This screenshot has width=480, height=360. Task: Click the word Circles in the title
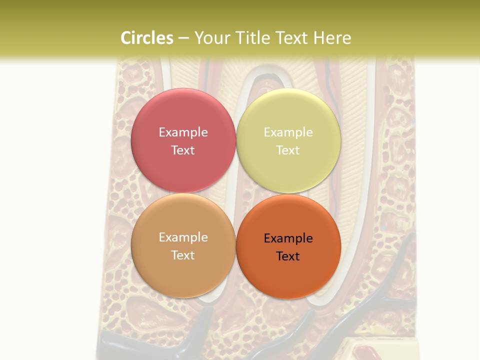tap(147, 38)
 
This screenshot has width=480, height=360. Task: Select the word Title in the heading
tap(252, 38)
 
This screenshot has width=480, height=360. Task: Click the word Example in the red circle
tap(183, 132)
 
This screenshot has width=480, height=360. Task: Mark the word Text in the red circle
tap(183, 150)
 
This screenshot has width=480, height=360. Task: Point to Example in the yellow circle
tap(288, 132)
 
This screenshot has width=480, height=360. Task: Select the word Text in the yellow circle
tap(288, 150)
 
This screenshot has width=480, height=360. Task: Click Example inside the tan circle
tap(183, 237)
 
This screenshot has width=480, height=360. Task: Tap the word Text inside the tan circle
tap(183, 255)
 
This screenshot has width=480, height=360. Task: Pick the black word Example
tap(288, 238)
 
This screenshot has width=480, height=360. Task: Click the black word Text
tap(288, 256)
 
